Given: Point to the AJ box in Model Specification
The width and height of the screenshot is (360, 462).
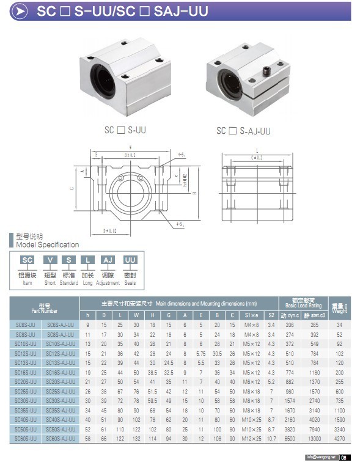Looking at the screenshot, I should click(108, 260).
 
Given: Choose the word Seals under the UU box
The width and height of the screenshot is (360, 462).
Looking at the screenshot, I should click(130, 283).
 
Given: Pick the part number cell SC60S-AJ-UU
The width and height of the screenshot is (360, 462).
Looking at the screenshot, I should click(61, 439).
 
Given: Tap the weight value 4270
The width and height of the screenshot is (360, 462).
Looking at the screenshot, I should click(339, 439).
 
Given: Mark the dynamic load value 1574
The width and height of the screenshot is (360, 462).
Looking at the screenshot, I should click(290, 401).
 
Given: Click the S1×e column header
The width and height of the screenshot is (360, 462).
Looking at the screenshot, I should click(252, 315).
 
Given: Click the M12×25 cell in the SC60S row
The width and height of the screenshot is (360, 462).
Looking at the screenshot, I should click(252, 439).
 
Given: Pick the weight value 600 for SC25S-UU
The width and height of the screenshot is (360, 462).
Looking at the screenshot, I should click(339, 391).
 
